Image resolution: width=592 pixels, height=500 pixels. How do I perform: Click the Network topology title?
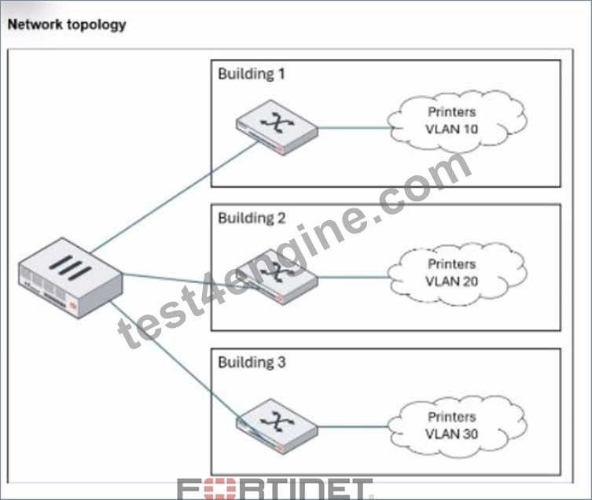[x=67, y=25]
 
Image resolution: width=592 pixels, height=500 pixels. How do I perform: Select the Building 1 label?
[x=252, y=74]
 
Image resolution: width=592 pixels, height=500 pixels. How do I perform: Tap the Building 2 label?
[x=252, y=218]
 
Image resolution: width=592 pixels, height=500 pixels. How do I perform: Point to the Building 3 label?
[x=252, y=362]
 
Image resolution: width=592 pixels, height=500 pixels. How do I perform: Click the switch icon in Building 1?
[x=277, y=127]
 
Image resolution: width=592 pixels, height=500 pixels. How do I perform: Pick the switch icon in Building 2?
[x=277, y=277]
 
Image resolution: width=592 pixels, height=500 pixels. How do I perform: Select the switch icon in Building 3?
[x=277, y=426]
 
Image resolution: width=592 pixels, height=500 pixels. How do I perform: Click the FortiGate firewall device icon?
[x=70, y=278]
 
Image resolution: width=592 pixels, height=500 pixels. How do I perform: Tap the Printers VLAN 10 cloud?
[x=457, y=122]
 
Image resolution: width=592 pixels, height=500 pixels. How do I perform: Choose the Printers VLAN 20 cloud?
[x=457, y=274]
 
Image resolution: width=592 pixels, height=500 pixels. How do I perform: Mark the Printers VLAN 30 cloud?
[x=457, y=426]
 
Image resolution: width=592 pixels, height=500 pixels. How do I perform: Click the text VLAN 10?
[x=451, y=129]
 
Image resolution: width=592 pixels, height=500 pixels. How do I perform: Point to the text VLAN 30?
[x=451, y=434]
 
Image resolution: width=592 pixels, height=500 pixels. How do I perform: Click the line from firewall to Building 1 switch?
[x=175, y=197]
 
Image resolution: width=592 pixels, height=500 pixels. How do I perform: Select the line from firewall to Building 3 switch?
[x=185, y=370]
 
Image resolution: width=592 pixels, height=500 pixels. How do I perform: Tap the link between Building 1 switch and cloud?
[x=355, y=127]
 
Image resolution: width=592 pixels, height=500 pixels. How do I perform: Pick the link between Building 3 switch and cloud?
[x=353, y=427]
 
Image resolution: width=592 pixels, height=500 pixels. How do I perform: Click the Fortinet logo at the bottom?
[x=276, y=490]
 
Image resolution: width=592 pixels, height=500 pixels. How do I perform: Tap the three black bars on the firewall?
[x=70, y=267]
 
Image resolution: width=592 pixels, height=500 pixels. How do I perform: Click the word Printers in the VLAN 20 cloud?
[x=451, y=264]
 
